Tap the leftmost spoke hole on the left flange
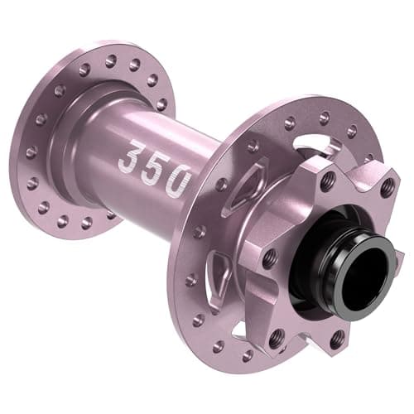[31, 152]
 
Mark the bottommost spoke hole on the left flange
[86, 223]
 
